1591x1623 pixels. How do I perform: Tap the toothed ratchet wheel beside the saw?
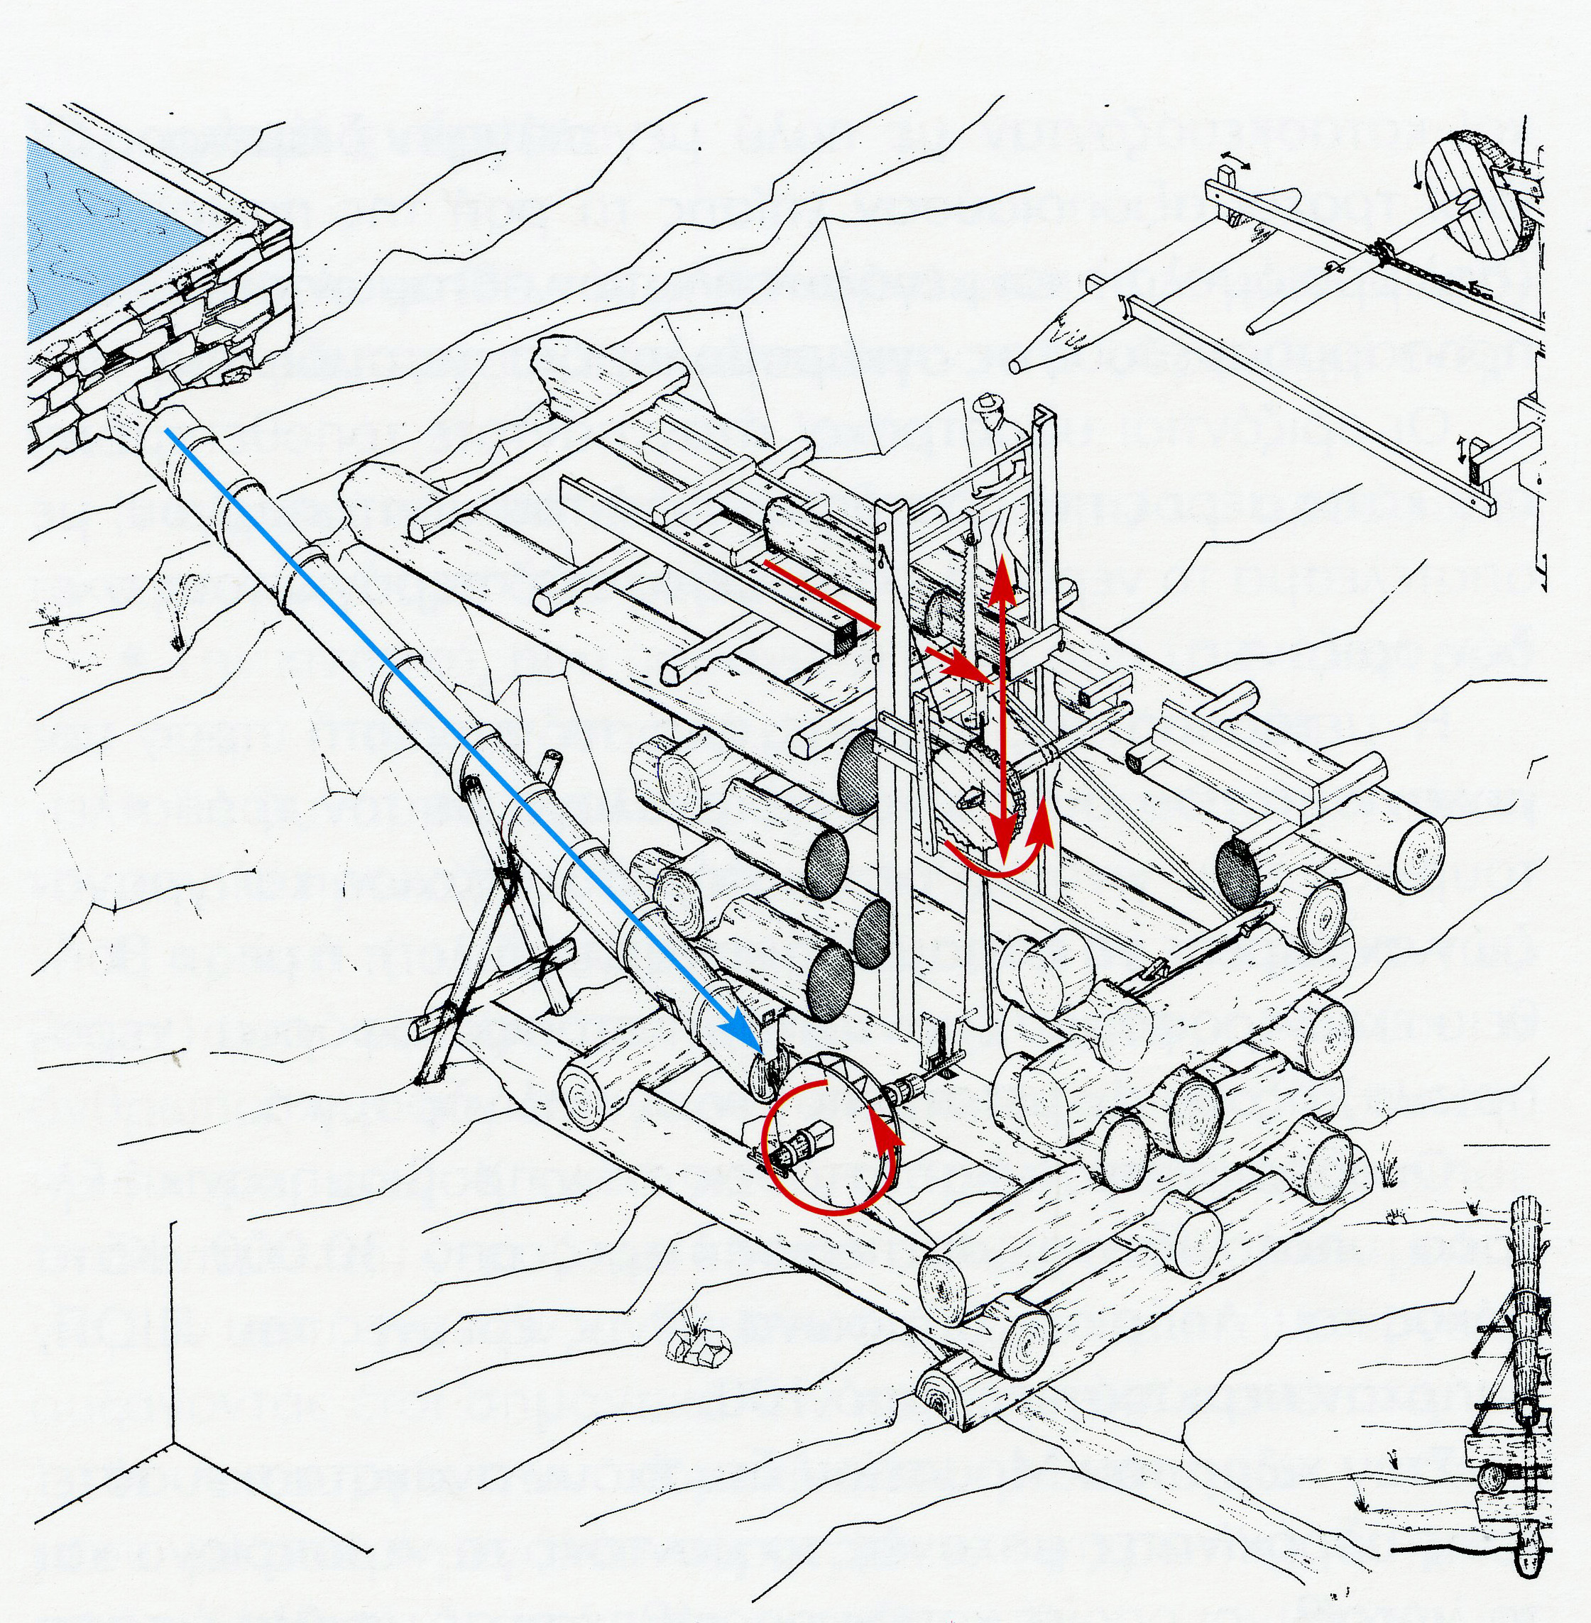click(982, 793)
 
